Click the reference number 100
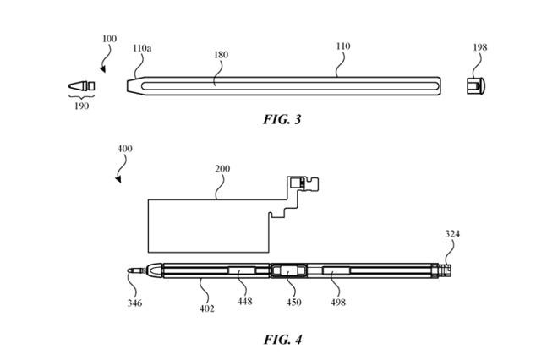point(110,39)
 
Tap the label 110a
point(142,49)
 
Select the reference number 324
point(453,234)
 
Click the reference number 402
point(207,308)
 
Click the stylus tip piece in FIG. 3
point(80,86)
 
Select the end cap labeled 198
point(476,85)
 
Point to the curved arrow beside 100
point(103,57)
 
